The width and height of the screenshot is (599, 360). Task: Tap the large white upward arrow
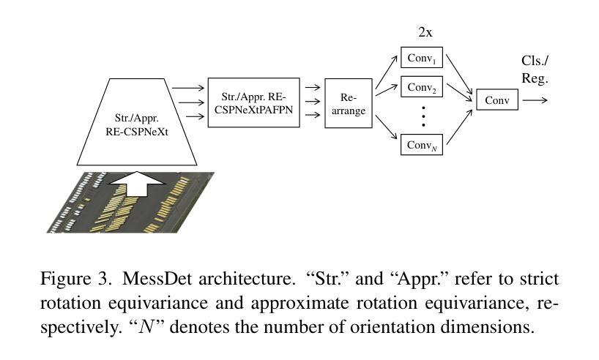coord(137,184)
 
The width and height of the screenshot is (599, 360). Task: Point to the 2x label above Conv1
coord(425,33)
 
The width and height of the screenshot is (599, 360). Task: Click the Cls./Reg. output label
coord(535,70)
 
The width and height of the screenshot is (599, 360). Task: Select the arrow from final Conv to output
coord(535,100)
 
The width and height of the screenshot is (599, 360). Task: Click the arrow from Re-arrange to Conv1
coord(386,72)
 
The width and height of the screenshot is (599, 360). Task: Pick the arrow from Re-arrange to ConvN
coord(386,127)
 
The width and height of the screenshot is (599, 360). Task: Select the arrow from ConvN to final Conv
coord(460,127)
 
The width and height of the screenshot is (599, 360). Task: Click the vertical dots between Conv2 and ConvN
coord(423,116)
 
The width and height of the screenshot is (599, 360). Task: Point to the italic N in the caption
coord(146,327)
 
